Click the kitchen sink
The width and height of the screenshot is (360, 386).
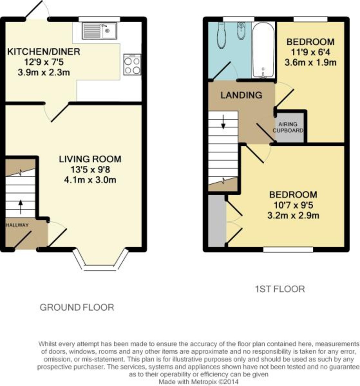(99, 31)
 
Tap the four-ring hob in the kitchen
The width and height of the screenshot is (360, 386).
(132, 65)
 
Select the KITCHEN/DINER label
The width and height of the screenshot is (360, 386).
(44, 52)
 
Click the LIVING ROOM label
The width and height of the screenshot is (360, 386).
(90, 159)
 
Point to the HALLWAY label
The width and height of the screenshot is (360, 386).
(17, 225)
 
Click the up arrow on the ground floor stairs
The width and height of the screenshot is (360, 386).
(20, 207)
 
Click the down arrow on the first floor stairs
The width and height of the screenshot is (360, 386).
(223, 122)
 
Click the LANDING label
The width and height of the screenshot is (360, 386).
(241, 95)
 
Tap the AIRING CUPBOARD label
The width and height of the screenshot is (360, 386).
(288, 127)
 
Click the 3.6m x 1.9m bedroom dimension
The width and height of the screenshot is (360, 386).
(310, 63)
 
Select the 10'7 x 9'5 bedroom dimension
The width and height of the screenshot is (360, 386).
(293, 205)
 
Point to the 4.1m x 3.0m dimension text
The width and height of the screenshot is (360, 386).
(90, 180)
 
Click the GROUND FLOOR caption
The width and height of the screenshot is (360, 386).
(77, 308)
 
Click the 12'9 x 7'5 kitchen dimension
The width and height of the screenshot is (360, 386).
(44, 62)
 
